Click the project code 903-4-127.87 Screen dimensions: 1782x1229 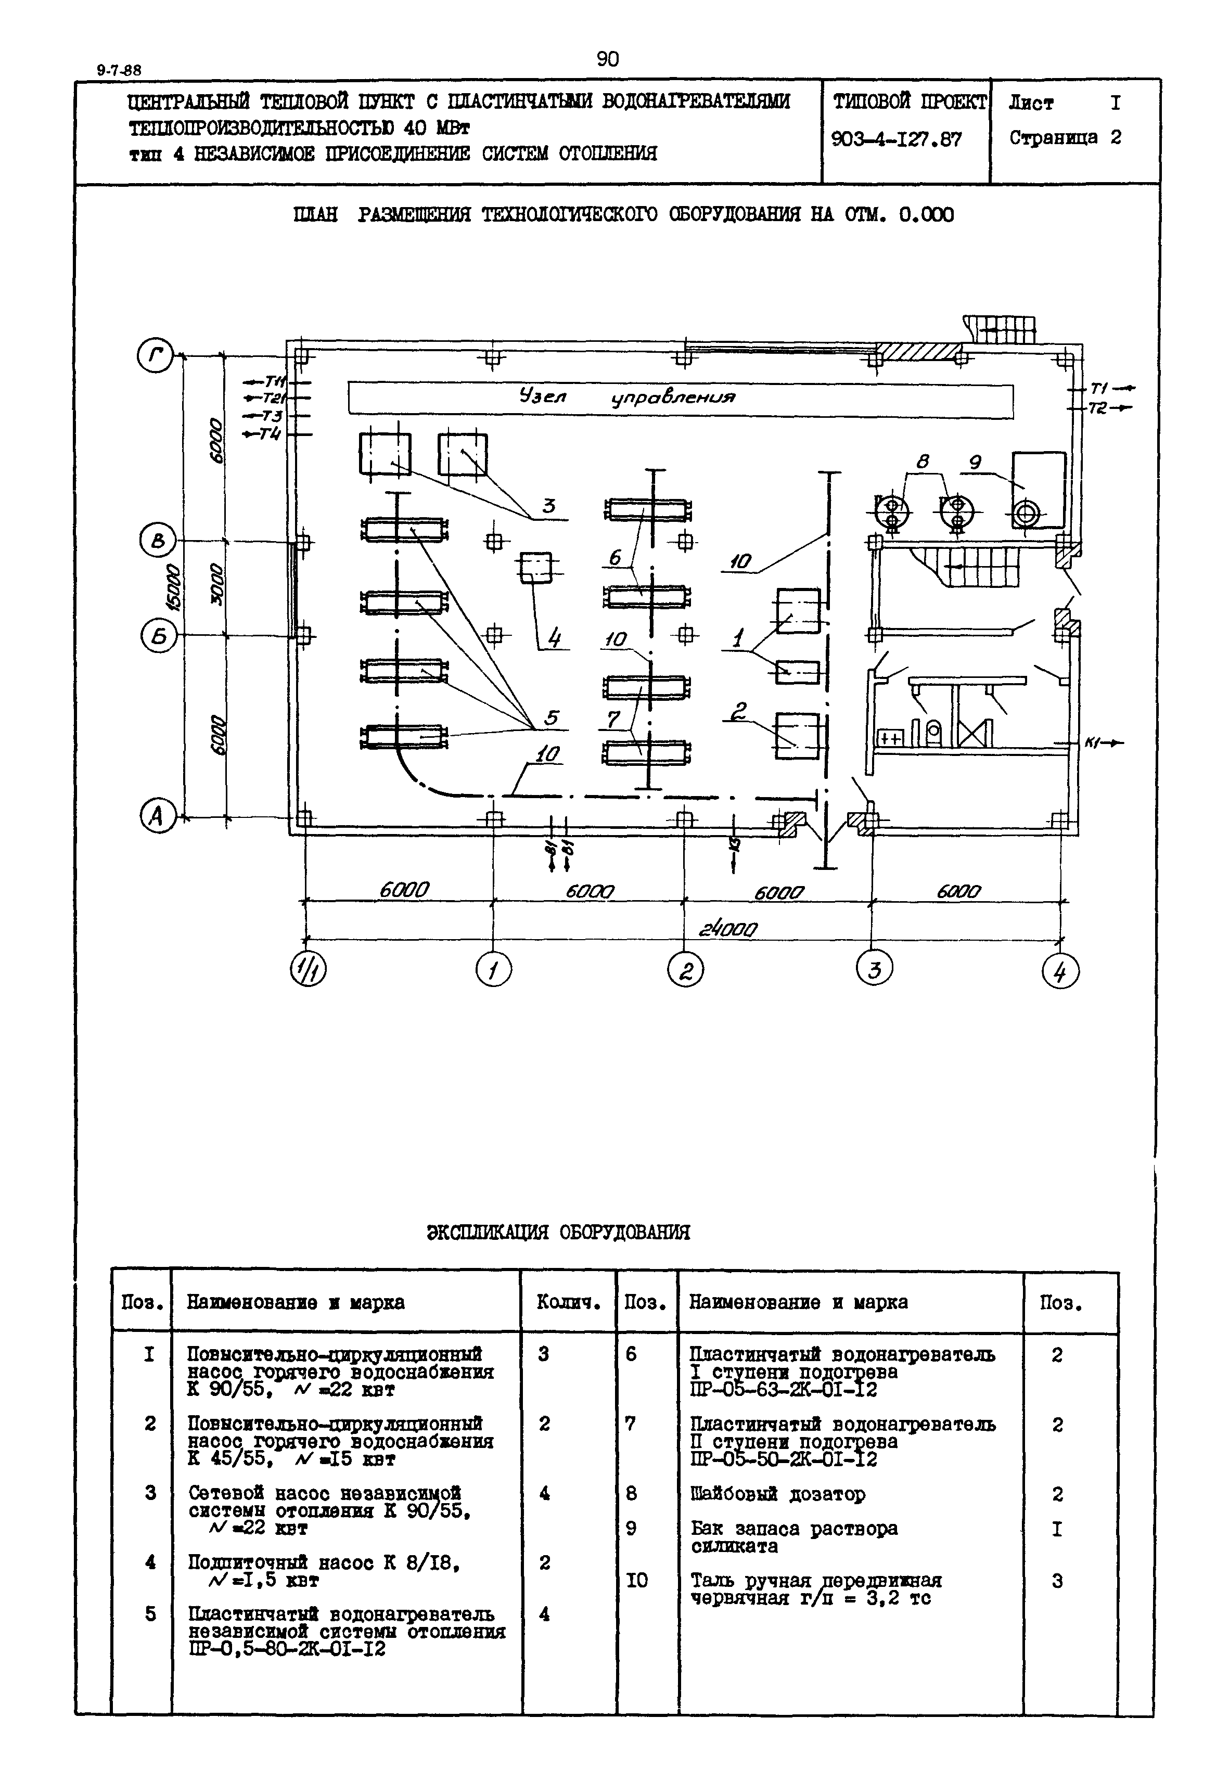[897, 139]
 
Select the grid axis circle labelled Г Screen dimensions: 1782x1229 [156, 356]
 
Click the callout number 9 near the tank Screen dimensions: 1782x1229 [975, 462]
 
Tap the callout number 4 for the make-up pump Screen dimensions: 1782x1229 [554, 638]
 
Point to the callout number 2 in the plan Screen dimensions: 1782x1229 [738, 712]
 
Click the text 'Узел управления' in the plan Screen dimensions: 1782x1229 [628, 398]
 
